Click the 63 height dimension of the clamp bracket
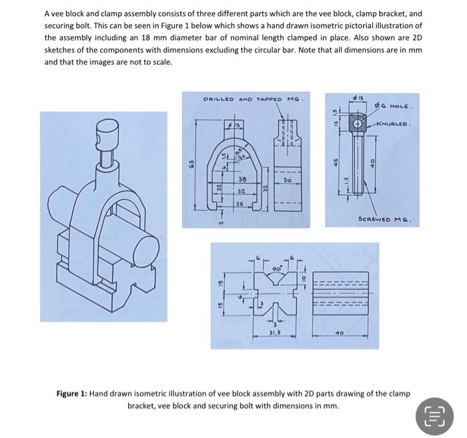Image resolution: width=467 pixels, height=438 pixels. tap(190, 162)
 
